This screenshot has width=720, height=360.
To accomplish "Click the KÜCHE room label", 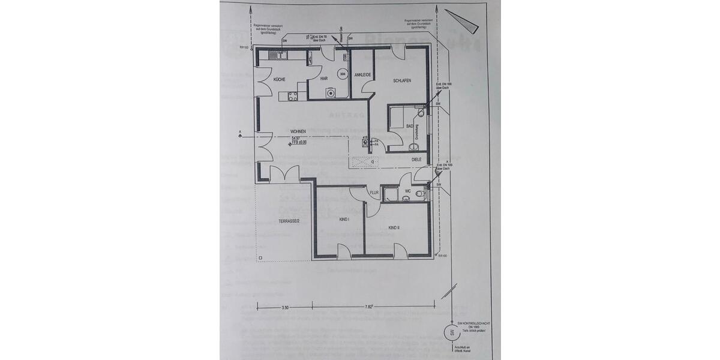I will [x=280, y=79].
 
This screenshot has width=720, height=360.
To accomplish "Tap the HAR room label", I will [x=323, y=79].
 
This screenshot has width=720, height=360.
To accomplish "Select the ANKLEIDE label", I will [x=364, y=74].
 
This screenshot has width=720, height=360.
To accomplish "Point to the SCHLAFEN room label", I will [x=402, y=80].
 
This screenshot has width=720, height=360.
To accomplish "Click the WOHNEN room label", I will [x=298, y=131].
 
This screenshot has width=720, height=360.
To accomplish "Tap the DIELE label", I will [x=416, y=160].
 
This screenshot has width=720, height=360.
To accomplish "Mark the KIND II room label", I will [x=394, y=228].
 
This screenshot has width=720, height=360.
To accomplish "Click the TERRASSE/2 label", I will [x=290, y=221].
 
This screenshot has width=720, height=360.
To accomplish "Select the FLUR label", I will [x=374, y=193].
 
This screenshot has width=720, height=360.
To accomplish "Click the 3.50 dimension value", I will [x=284, y=307].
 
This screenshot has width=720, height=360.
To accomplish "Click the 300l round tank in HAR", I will [x=342, y=74].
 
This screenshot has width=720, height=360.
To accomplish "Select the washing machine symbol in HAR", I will [x=329, y=93].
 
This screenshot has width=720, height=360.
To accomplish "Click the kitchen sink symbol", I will [x=280, y=56].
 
